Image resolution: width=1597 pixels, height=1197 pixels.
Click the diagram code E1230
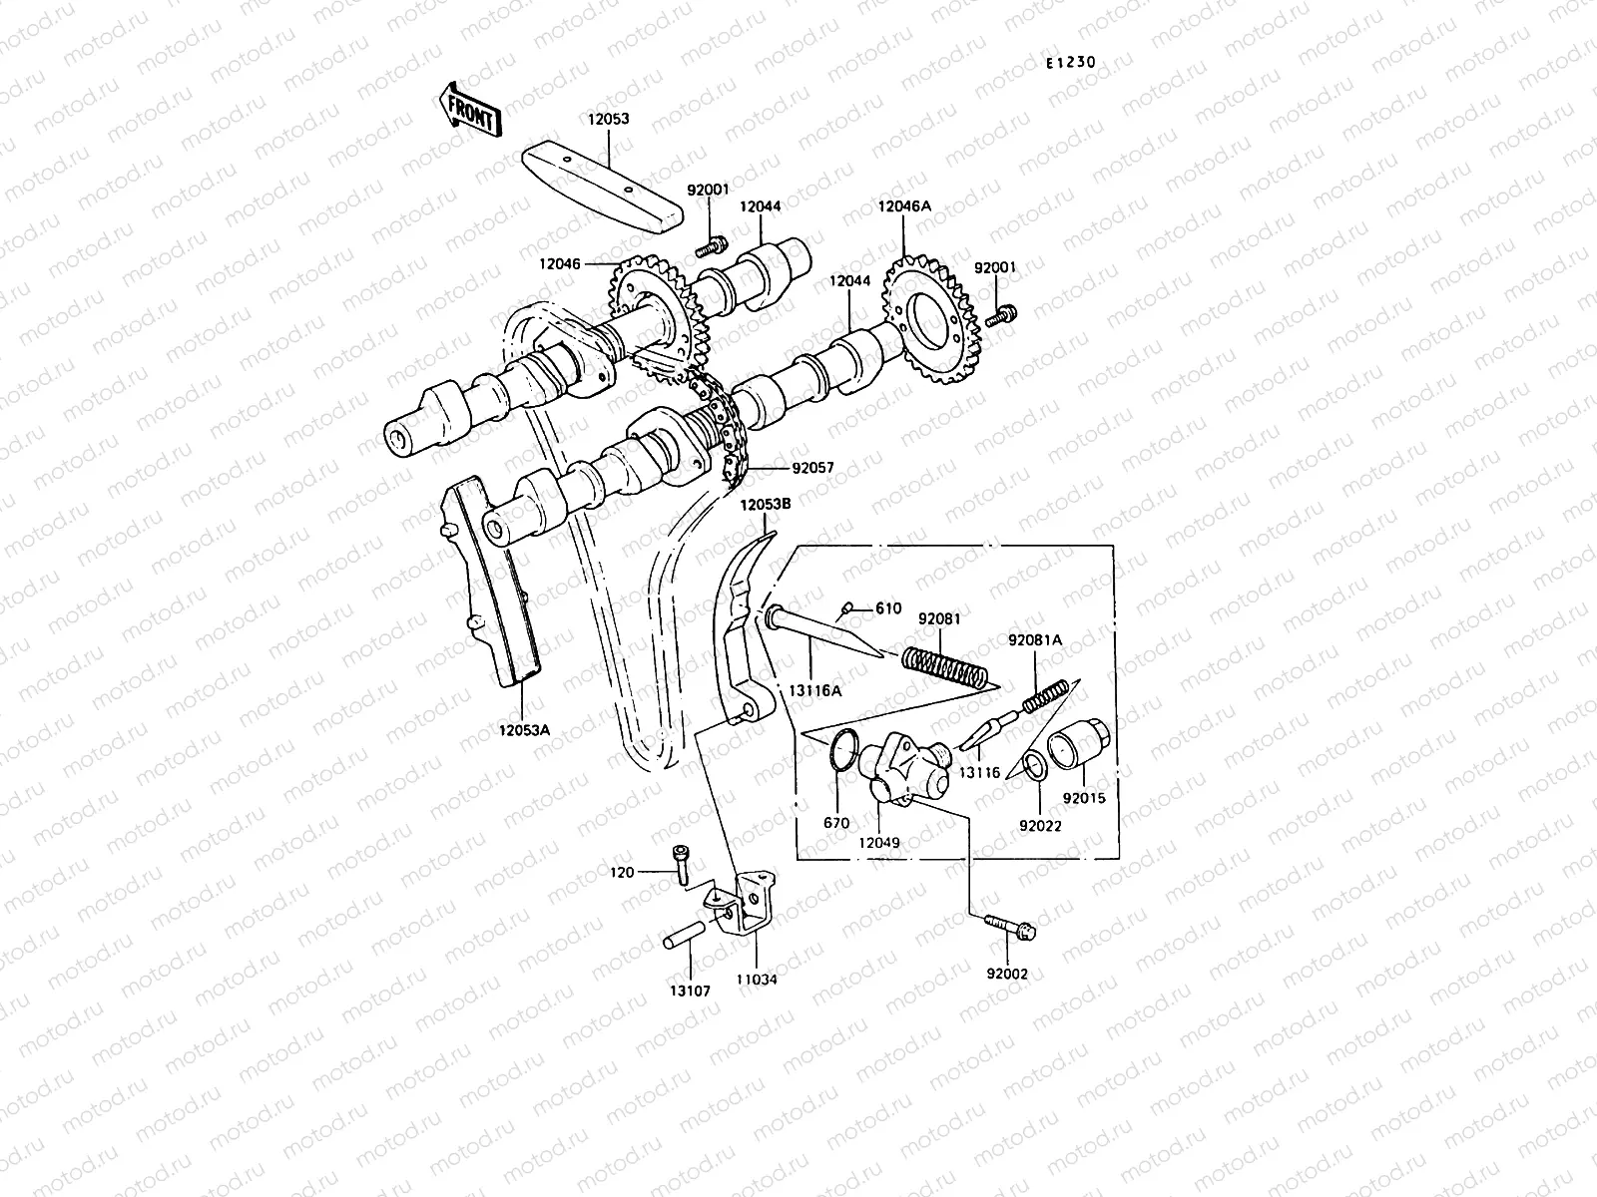(1070, 63)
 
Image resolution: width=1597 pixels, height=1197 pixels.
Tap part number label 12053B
(766, 505)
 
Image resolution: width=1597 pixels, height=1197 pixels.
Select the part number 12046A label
(904, 206)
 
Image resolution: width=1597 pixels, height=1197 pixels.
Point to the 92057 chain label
(812, 467)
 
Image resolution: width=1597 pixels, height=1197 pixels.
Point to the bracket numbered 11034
(753, 908)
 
